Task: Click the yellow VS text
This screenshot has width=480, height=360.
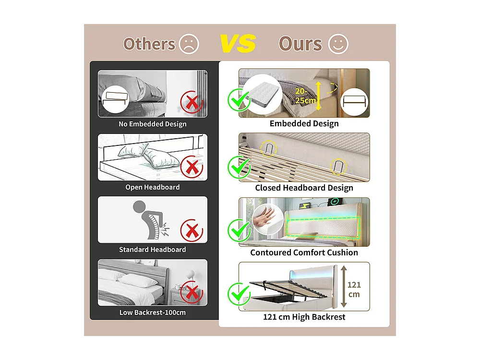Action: click(x=238, y=44)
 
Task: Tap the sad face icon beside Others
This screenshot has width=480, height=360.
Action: click(x=189, y=44)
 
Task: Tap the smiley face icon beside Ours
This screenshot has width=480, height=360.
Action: click(x=338, y=44)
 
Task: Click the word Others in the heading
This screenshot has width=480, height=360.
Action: click(x=149, y=44)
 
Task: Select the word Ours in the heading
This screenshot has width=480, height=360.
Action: click(x=300, y=44)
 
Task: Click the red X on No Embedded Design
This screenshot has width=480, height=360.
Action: click(x=192, y=102)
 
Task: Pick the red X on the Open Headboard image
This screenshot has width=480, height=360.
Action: click(x=192, y=167)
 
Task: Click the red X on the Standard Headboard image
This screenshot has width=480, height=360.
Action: click(x=192, y=230)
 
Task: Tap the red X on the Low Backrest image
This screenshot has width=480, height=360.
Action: click(x=192, y=293)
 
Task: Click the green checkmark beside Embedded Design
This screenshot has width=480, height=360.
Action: click(x=239, y=100)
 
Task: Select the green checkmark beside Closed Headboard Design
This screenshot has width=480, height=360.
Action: click(x=239, y=167)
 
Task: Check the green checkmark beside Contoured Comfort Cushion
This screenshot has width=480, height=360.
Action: click(x=239, y=230)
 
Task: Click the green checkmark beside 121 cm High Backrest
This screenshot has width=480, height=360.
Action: click(x=239, y=294)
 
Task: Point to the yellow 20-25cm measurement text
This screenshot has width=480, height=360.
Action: click(x=305, y=96)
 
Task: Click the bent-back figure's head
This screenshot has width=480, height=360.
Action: click(x=139, y=206)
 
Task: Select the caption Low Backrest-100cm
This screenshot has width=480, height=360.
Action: click(x=153, y=312)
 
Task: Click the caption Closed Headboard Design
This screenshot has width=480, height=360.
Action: click(x=304, y=188)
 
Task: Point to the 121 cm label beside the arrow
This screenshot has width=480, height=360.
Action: click(x=354, y=289)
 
